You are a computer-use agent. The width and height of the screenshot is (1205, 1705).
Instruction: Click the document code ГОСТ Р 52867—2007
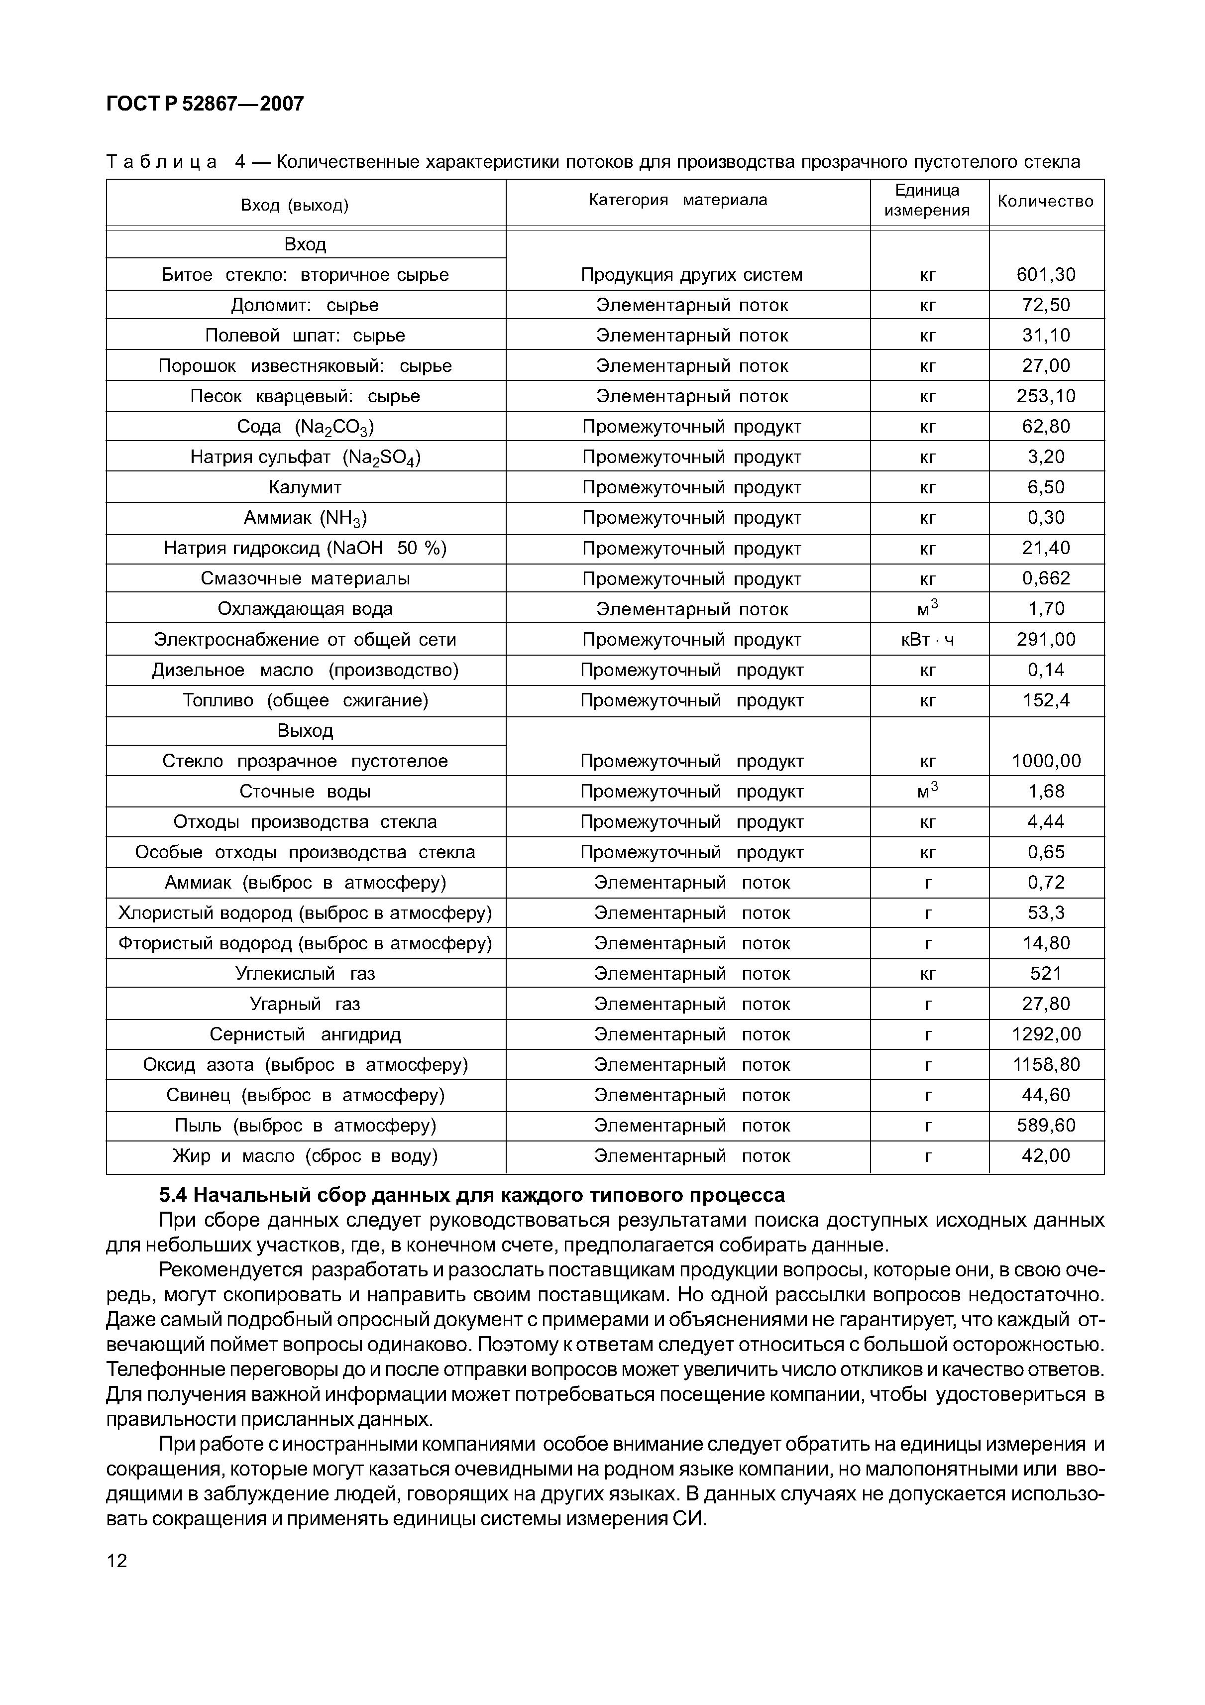205,104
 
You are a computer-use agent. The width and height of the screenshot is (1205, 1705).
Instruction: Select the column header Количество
1045,201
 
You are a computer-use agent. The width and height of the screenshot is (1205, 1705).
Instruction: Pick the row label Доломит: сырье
305,305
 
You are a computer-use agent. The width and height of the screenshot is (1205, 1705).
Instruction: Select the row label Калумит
305,488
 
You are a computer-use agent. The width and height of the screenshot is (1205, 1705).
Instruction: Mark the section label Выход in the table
305,731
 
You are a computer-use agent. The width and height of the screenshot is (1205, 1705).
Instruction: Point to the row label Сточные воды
305,792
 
